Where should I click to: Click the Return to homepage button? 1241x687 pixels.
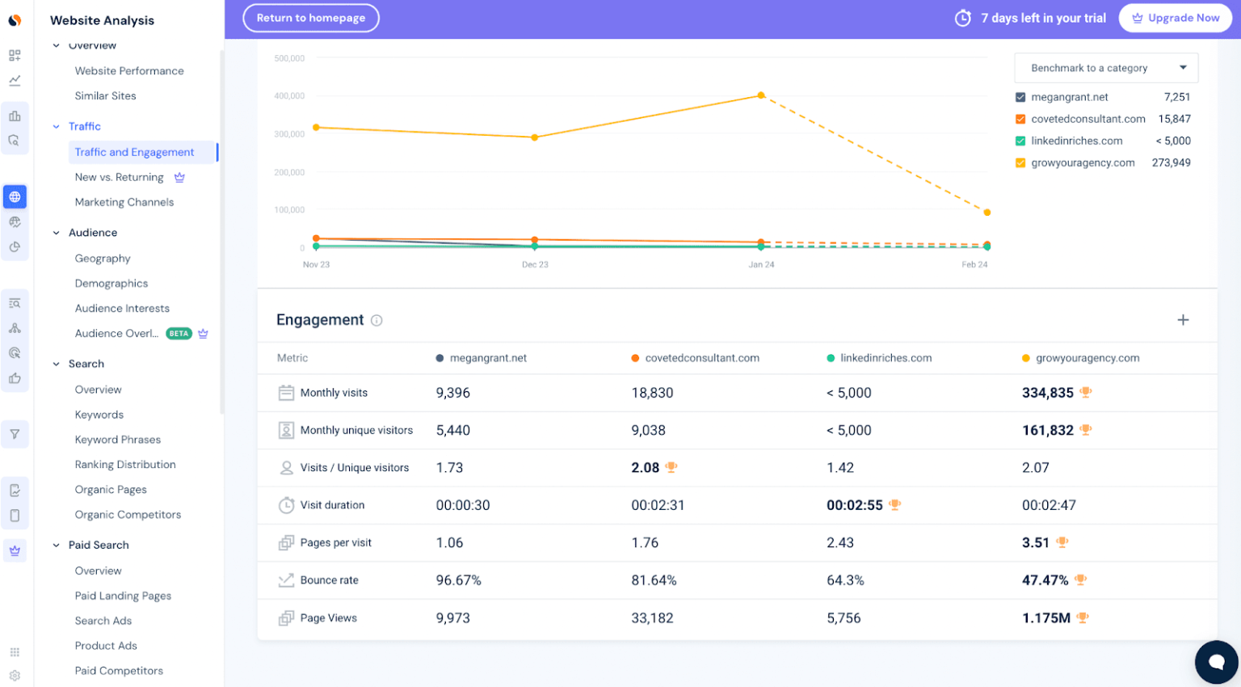(310, 18)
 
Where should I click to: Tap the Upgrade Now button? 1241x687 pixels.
(1175, 18)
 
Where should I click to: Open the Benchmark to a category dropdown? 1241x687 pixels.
(1105, 68)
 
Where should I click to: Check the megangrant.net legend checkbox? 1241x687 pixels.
(1020, 97)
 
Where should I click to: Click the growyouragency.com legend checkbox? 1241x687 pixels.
(1020, 162)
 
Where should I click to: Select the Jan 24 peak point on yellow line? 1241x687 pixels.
(760, 95)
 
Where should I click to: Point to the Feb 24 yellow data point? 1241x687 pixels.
(986, 213)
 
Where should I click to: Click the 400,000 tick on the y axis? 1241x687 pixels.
(289, 96)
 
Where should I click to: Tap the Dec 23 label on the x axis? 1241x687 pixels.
(535, 264)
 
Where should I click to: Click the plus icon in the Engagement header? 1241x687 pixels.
(1183, 320)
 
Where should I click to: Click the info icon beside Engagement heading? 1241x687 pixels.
(377, 321)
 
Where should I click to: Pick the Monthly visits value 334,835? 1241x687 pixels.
(1047, 393)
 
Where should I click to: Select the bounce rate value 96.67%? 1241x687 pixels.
(458, 580)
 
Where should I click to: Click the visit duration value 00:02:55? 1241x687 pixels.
(854, 505)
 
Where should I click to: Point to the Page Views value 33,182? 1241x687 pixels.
(652, 618)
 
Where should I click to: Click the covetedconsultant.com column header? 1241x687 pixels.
(701, 358)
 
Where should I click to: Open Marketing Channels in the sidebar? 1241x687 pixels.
(124, 202)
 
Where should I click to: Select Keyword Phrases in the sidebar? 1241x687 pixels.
(118, 440)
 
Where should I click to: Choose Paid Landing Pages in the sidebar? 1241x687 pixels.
(123, 596)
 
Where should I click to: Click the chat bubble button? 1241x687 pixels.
(1216, 662)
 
